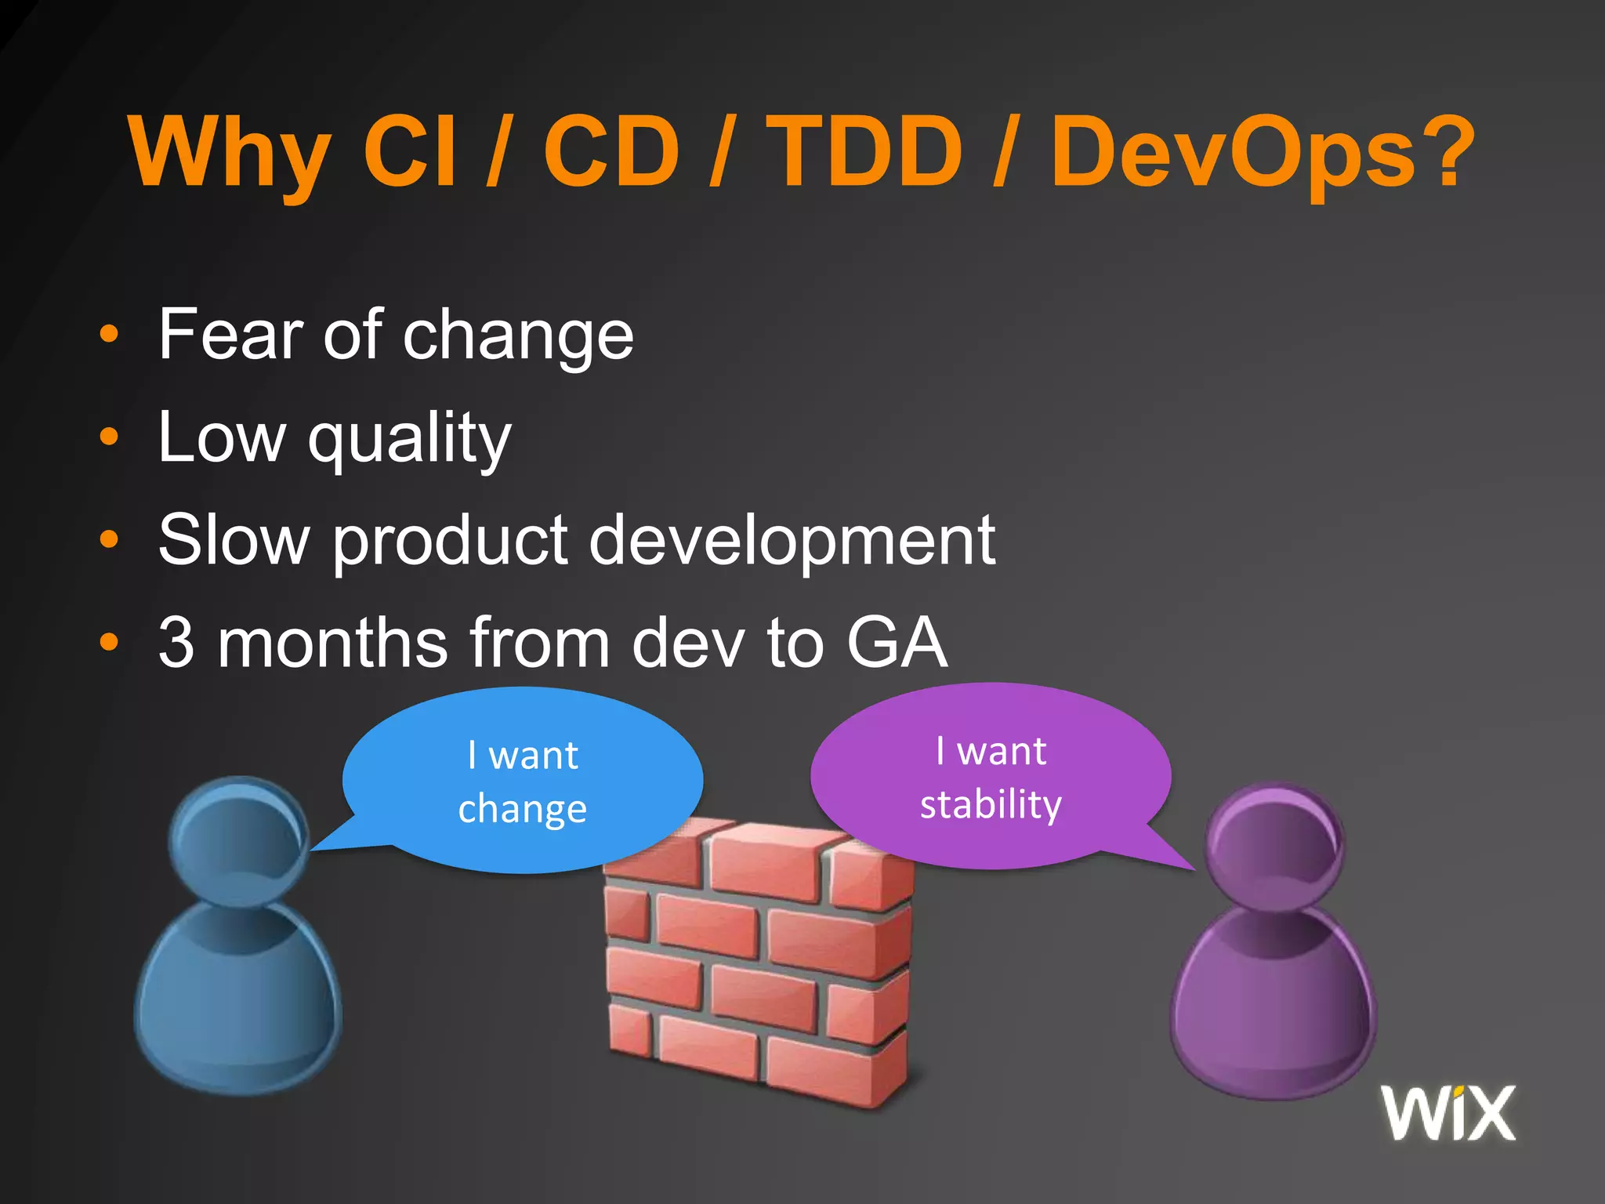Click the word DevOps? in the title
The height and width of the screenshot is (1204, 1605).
(x=1262, y=153)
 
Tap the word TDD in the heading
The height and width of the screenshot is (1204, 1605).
(x=864, y=153)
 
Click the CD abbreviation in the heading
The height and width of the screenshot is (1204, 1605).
(x=611, y=153)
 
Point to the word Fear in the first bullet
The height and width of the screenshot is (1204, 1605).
(x=230, y=335)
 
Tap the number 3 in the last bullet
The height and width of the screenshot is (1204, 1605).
(x=176, y=643)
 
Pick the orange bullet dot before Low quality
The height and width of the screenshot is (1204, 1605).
(x=109, y=437)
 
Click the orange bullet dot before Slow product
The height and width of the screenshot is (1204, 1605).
(x=109, y=539)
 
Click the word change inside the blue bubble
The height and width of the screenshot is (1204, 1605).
(x=522, y=809)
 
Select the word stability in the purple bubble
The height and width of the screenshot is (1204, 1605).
(x=991, y=805)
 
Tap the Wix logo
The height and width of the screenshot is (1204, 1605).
(x=1448, y=1113)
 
